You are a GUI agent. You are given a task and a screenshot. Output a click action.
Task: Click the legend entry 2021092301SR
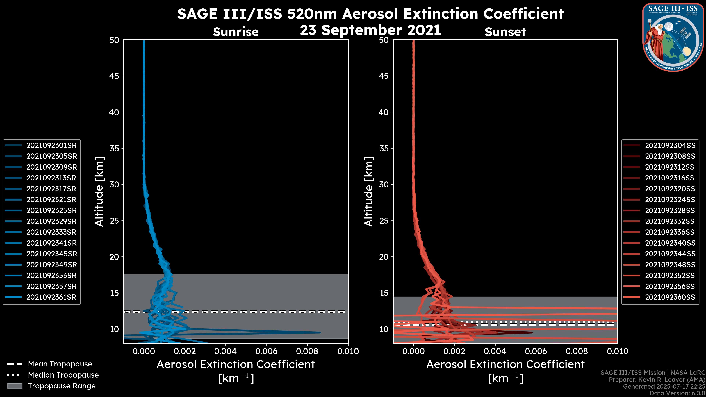51,146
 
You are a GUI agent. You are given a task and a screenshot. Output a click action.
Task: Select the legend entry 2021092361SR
51,297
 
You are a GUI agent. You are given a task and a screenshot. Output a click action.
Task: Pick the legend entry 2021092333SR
51,232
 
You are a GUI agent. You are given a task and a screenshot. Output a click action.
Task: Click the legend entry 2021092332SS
670,221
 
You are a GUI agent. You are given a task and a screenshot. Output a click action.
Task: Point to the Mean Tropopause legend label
60,364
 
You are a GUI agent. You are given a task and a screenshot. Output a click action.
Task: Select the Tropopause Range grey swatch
15,386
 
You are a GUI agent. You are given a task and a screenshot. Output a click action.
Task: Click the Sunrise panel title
236,32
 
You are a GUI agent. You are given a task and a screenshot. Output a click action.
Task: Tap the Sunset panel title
505,32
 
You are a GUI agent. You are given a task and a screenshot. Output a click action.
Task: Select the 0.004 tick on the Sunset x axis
495,351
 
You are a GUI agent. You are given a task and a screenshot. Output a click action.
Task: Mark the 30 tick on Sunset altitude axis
384,184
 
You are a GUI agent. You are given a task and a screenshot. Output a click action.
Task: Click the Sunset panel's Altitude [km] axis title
369,192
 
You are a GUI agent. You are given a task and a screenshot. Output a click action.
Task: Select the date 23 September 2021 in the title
370,30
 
